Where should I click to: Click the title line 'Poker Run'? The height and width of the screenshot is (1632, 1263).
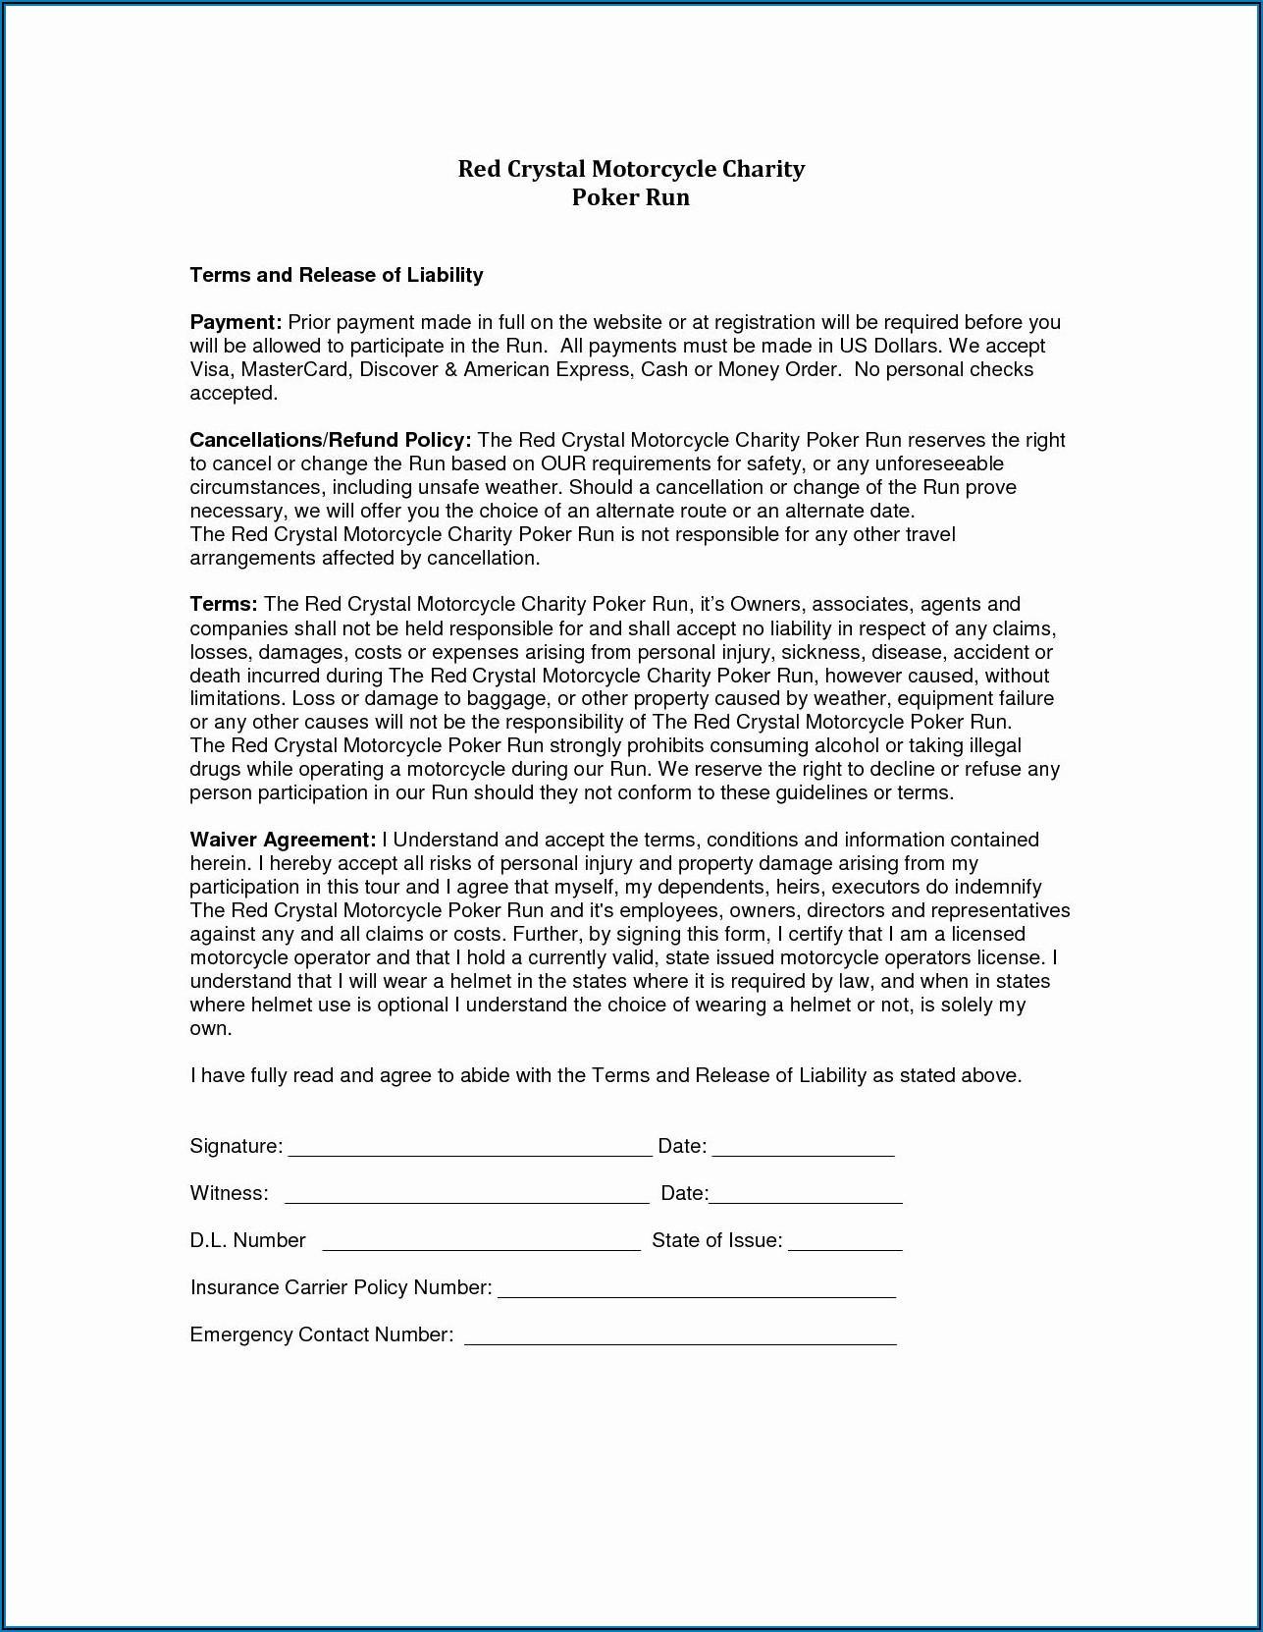point(630,197)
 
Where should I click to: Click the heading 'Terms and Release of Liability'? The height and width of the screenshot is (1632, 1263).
point(336,275)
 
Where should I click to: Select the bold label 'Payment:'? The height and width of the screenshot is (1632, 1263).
point(236,322)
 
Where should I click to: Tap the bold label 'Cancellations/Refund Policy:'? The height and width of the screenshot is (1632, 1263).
point(331,440)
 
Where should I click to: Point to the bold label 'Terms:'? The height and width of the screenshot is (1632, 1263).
point(224,604)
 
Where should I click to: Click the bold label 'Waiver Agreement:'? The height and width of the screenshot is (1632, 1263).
point(283,840)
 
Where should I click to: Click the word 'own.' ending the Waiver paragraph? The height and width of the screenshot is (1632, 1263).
point(211,1028)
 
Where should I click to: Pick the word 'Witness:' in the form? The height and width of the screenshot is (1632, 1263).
point(229,1193)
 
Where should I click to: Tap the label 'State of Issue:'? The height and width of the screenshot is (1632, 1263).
point(716,1240)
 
